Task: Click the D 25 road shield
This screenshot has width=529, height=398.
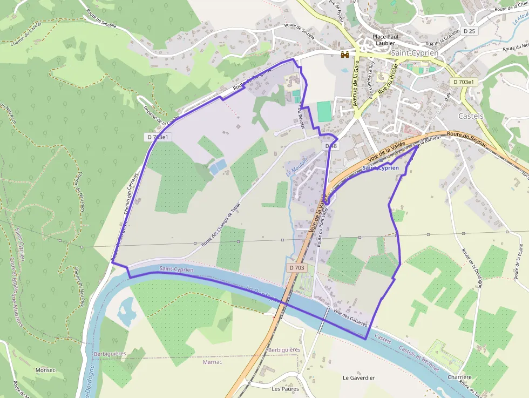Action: pos(469,31)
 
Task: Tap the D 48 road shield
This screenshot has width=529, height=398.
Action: pos(331,146)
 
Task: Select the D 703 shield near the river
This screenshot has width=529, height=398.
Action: pos(297,267)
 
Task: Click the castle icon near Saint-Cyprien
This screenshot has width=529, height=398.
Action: pos(344,54)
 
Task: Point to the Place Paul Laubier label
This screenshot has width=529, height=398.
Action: pos(384,40)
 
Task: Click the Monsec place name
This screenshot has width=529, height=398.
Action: pos(45,370)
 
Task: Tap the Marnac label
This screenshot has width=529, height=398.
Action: pos(212,362)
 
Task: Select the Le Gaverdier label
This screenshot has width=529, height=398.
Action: pos(358,378)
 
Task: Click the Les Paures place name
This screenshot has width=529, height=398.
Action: pos(285,388)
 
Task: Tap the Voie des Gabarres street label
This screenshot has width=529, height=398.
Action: pos(350,318)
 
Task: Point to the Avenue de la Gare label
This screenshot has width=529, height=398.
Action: pos(356,84)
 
